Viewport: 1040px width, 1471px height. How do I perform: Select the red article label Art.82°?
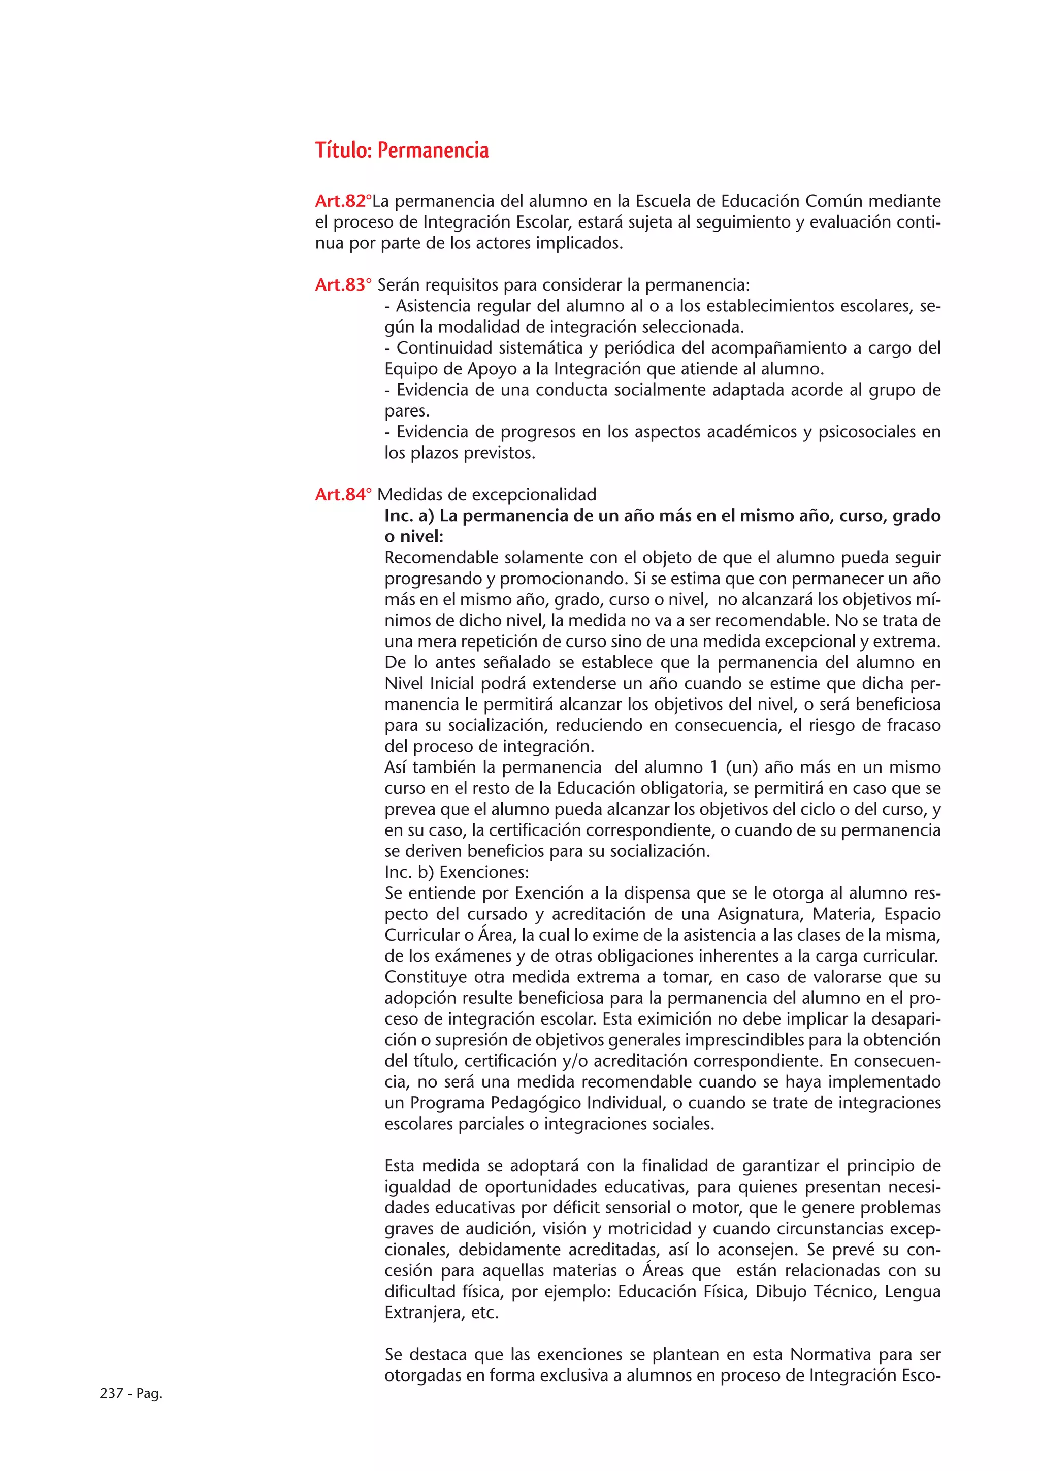point(343,201)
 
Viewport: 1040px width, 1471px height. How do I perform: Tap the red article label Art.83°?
point(343,285)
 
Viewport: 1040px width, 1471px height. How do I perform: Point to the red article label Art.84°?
point(343,495)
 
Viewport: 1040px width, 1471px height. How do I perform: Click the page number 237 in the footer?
point(111,1393)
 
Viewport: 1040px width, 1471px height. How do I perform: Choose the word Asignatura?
point(760,914)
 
